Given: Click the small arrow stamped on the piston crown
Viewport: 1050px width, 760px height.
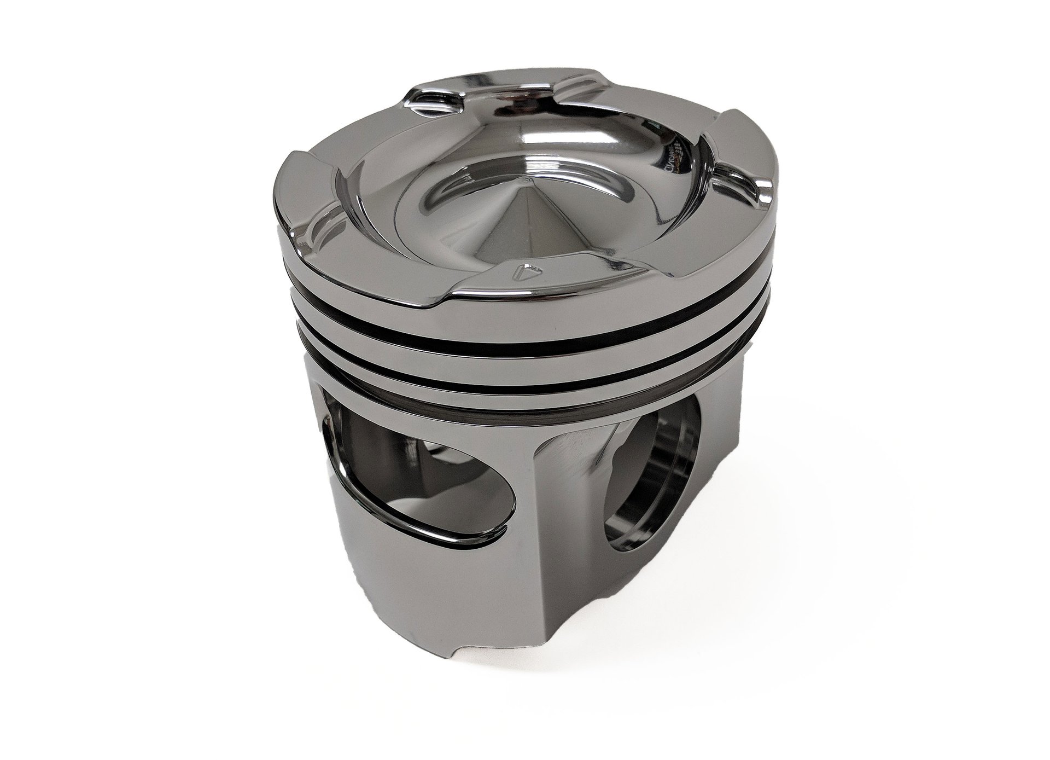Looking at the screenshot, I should (528, 269).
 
